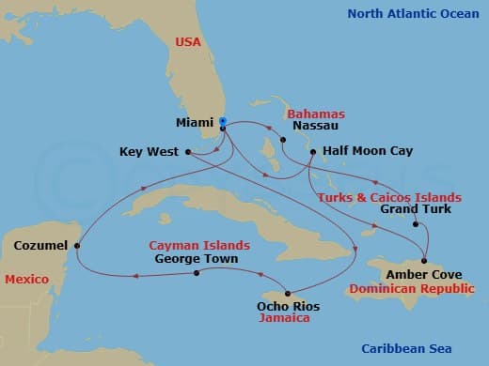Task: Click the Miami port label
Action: (195, 123)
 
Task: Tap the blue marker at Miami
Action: (223, 121)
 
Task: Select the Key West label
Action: (149, 152)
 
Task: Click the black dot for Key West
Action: (189, 151)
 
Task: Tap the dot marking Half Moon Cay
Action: (312, 150)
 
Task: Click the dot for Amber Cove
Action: (425, 260)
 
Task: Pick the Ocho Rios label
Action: (288, 306)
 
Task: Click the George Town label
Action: (196, 258)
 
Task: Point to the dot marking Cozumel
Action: (77, 246)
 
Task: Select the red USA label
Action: (189, 42)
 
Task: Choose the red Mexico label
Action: (25, 280)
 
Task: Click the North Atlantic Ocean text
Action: (414, 14)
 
